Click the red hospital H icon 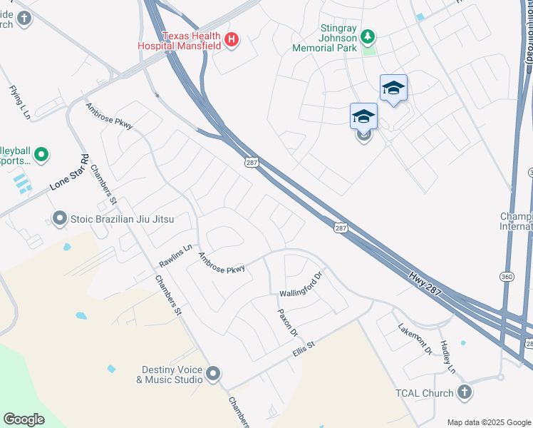232,41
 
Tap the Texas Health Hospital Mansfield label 181,41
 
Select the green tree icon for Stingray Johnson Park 368,35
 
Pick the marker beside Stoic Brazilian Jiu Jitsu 59,218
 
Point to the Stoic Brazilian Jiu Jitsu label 122,218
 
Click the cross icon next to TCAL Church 464,392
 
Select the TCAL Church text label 425,393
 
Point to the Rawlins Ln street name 176,256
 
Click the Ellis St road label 304,348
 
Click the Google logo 24,419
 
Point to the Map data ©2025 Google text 488,422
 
